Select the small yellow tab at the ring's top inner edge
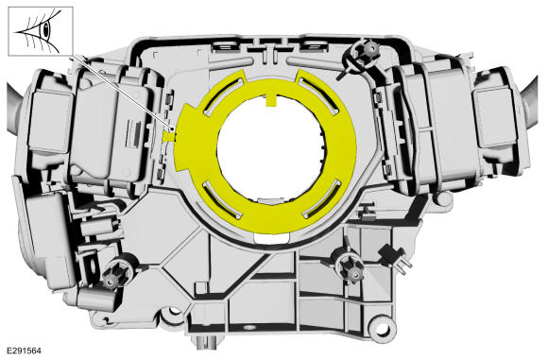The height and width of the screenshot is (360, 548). point(271,100)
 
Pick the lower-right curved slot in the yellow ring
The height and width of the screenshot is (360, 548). point(322,200)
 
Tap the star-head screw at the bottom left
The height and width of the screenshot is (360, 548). point(111,275)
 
